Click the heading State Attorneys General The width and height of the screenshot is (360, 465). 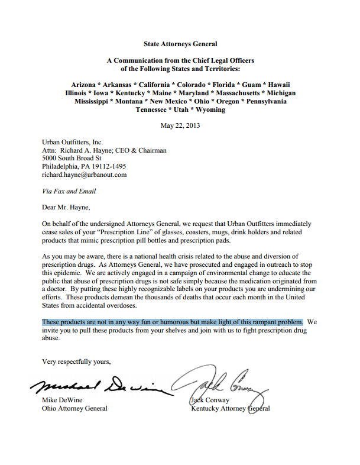click(x=180, y=44)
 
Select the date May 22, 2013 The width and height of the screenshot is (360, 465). click(x=180, y=125)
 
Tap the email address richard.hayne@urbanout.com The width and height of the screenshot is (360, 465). click(x=84, y=175)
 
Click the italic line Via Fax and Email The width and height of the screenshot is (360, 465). click(x=69, y=191)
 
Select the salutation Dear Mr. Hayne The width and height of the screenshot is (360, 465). click(x=67, y=208)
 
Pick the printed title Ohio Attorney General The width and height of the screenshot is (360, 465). click(x=74, y=408)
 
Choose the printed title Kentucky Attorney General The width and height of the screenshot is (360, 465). click(x=230, y=408)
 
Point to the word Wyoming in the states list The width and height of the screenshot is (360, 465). click(x=207, y=109)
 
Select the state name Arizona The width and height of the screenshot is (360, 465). click(x=85, y=85)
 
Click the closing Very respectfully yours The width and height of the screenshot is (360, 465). click(x=76, y=361)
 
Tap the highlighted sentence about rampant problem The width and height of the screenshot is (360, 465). click(x=173, y=322)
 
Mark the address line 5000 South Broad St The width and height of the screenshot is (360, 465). click(x=72, y=159)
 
